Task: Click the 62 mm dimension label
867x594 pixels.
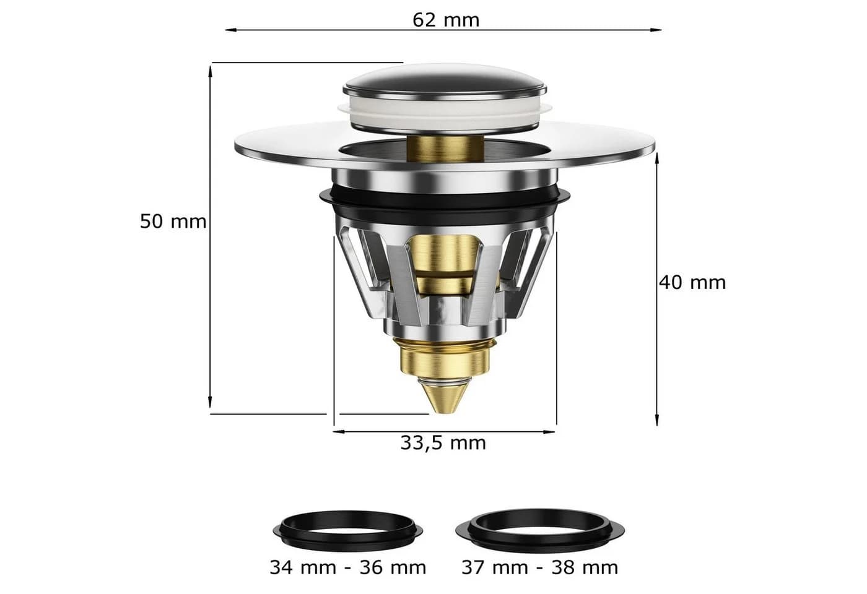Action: (x=445, y=20)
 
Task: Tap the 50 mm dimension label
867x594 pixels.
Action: (x=173, y=222)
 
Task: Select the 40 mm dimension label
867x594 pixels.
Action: (x=692, y=282)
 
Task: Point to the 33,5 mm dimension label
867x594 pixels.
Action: (x=443, y=443)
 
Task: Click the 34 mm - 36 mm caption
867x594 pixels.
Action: (x=347, y=568)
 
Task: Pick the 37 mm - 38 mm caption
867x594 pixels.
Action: (x=539, y=568)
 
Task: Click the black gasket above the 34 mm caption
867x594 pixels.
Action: (x=347, y=531)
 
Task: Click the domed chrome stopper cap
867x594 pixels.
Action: (x=445, y=82)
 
